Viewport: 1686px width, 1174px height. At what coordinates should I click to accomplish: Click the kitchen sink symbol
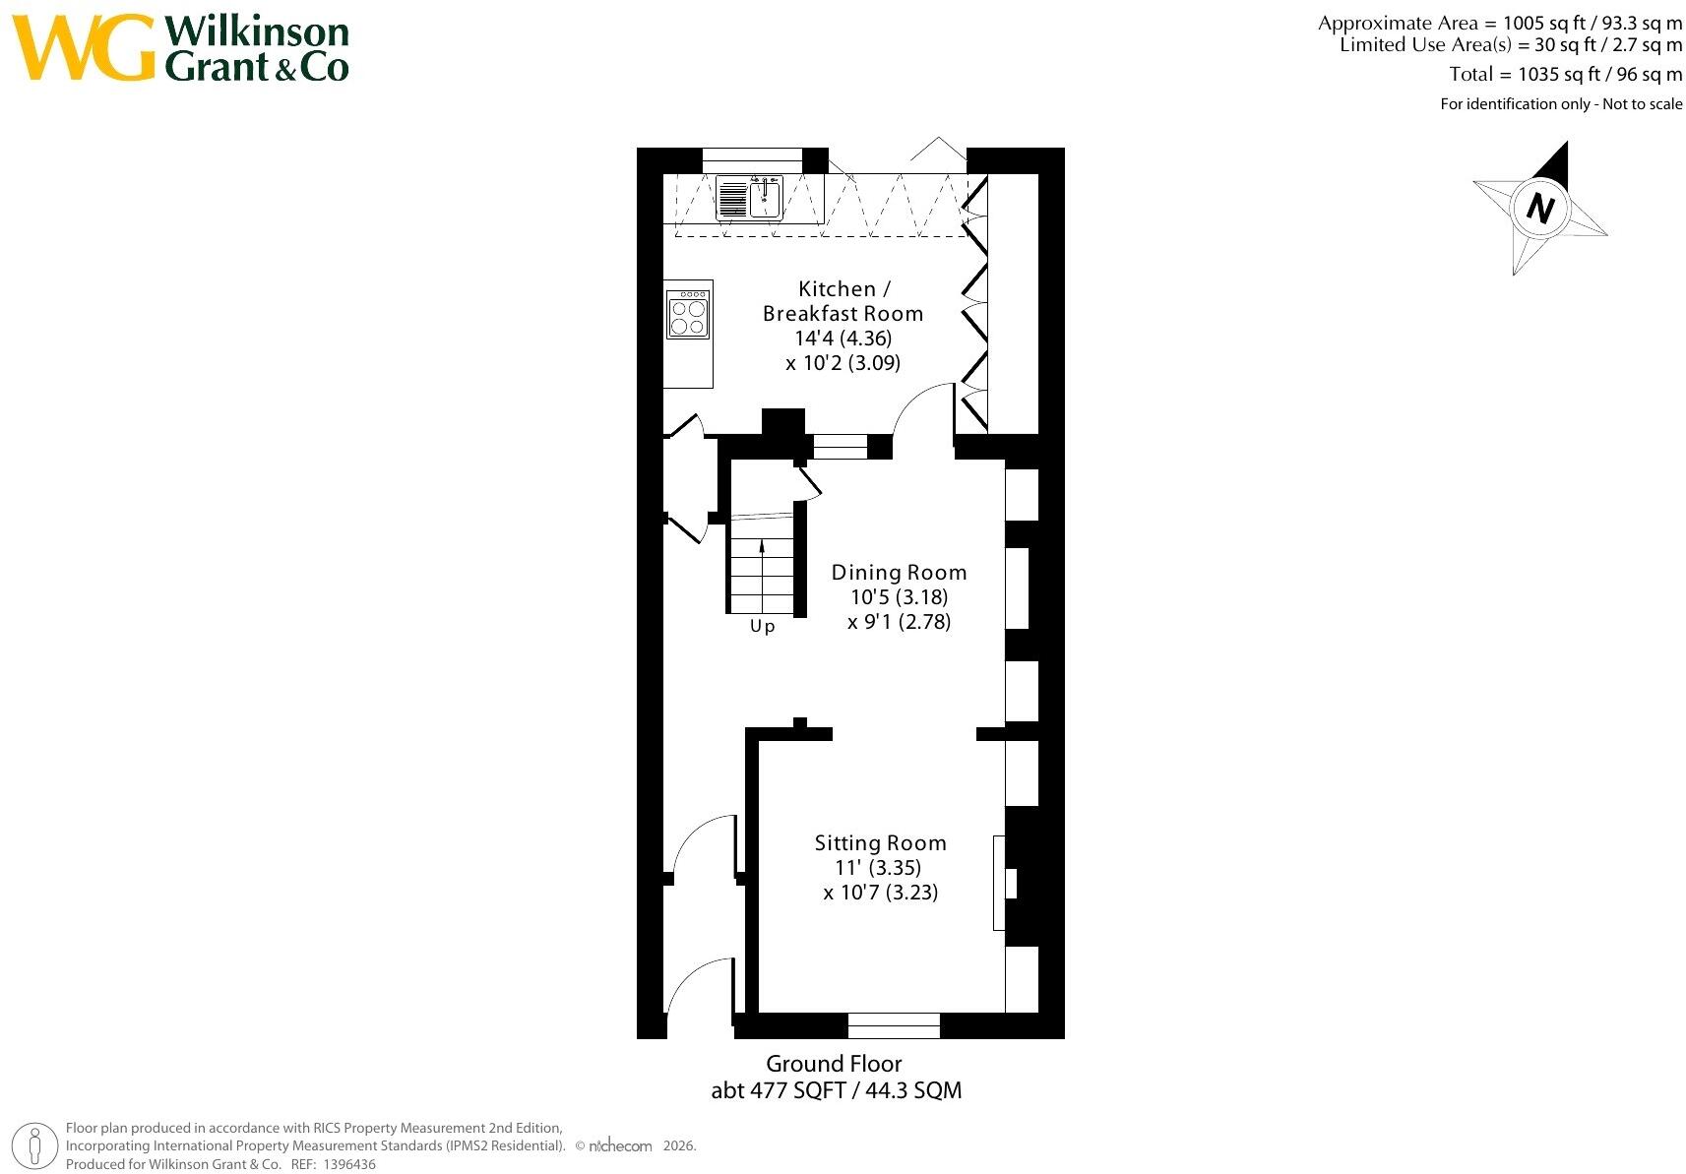[749, 197]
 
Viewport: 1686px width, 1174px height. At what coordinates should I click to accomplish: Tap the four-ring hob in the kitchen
[688, 315]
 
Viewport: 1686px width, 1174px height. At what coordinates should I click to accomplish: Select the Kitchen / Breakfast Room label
[843, 301]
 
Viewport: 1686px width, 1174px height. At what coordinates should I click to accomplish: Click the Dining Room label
[899, 573]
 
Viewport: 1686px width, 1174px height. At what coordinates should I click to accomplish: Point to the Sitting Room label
[880, 843]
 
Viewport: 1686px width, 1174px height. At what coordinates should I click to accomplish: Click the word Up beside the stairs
[762, 626]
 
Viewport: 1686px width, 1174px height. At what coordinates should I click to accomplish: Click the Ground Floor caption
[834, 1064]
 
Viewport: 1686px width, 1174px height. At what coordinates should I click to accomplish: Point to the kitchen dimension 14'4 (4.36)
[843, 338]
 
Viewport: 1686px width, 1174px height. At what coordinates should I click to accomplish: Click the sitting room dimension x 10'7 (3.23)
[880, 893]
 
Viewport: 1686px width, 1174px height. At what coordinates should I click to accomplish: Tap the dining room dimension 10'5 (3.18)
[899, 597]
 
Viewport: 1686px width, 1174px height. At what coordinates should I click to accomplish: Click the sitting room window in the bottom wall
[894, 1025]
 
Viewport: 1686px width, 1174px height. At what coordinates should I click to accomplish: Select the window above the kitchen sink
[752, 160]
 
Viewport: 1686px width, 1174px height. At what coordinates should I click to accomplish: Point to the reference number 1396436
[349, 1164]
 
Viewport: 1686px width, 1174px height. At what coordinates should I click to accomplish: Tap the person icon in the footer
[34, 1146]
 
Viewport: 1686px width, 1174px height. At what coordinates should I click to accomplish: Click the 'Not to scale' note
[1643, 104]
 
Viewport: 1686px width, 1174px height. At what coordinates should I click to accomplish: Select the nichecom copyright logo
[620, 1146]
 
